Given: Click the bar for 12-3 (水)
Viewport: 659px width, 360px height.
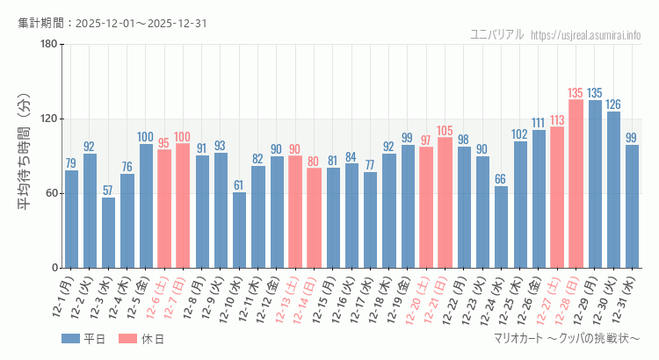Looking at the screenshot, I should [108, 233].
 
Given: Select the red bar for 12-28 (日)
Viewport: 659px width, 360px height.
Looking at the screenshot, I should [576, 184].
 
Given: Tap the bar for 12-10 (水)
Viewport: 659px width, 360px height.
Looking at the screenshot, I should [239, 230].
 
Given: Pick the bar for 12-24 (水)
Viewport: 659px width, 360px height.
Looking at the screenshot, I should [501, 227].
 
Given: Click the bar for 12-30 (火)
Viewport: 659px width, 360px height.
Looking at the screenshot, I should [613, 190].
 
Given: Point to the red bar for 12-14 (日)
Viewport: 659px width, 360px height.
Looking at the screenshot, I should [314, 218].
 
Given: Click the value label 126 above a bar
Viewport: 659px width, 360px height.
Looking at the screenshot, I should [613, 104].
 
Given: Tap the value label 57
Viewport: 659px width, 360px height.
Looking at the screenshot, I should [108, 191].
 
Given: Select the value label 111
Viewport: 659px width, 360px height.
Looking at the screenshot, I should [539, 123].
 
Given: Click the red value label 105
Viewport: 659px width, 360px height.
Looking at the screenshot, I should [445, 131].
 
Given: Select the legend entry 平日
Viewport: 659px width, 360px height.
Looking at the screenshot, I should [83, 339].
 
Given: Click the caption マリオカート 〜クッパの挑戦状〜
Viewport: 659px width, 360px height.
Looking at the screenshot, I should [567, 339].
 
